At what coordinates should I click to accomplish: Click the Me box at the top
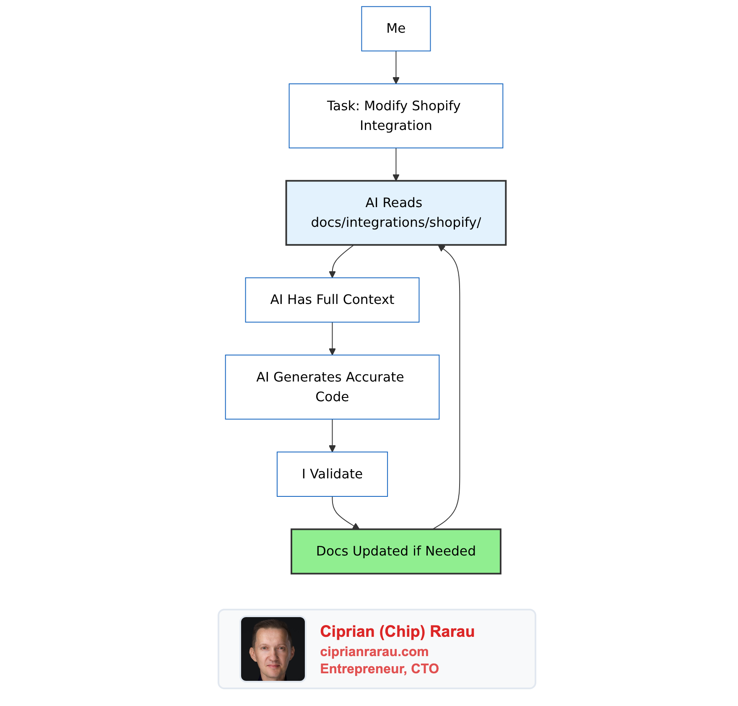(396, 29)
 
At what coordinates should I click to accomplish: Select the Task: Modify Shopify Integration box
(396, 116)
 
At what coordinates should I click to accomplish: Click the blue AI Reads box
(396, 213)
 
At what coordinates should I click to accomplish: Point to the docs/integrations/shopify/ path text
(396, 222)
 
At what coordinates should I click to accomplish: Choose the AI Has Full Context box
(332, 300)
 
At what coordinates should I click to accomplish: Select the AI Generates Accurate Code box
(332, 387)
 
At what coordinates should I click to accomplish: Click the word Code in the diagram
(332, 397)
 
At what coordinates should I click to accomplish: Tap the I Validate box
(332, 474)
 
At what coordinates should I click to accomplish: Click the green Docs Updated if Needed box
(396, 551)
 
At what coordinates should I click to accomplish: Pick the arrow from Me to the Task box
(396, 67)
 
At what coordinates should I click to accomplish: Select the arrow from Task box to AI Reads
(396, 164)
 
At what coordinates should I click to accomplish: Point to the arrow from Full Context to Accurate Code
(332, 338)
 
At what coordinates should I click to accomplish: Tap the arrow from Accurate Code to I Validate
(332, 435)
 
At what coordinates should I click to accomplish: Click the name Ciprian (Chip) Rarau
(397, 631)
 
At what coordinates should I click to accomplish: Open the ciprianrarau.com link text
(374, 651)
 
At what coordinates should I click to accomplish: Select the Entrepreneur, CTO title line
(379, 668)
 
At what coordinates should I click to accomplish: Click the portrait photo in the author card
(273, 649)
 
